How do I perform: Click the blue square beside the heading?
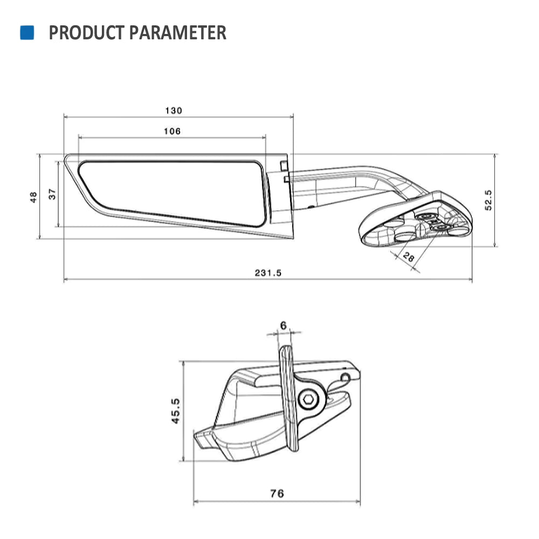click(x=27, y=32)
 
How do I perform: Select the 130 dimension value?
click(x=174, y=110)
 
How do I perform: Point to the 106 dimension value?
click(x=172, y=131)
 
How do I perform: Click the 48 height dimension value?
click(x=33, y=197)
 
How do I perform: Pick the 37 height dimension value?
click(x=52, y=194)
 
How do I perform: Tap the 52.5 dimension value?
click(x=488, y=199)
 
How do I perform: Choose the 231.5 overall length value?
click(x=268, y=273)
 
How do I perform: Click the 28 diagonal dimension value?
click(x=409, y=258)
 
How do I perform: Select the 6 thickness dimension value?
click(x=284, y=325)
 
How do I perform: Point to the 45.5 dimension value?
click(x=176, y=411)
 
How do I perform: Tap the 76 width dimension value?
click(x=277, y=493)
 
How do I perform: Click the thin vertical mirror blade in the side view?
click(x=288, y=399)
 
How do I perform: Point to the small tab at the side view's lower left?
click(x=204, y=439)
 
